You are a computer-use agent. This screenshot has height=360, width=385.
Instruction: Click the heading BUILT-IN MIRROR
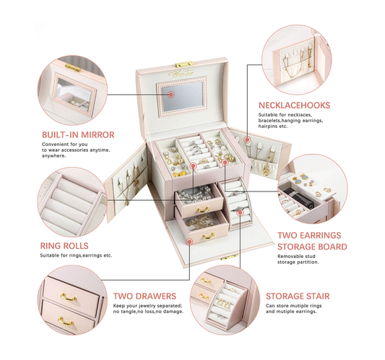coord(78,135)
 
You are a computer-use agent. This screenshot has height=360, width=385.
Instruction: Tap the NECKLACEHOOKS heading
coord(294,106)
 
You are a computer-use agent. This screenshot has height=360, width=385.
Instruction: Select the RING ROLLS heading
coord(64,246)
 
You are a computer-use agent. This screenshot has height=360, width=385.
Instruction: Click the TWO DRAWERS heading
coord(144,296)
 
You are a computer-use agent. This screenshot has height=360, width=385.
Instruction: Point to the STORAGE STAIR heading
coord(298,296)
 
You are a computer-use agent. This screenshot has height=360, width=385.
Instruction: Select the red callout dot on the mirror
coord(171,95)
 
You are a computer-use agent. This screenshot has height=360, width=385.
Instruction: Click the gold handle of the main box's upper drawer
coord(203,210)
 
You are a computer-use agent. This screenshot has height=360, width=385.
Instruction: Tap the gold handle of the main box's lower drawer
coord(209,236)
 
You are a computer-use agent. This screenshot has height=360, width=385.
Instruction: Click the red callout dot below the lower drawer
coord(189,242)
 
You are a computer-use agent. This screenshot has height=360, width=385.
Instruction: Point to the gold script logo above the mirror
coord(181,73)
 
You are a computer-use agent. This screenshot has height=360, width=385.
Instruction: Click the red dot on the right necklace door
coord(247,140)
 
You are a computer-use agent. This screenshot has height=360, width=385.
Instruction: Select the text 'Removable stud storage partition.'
coord(298,260)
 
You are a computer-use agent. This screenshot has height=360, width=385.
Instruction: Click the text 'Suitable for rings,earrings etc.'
coord(76,256)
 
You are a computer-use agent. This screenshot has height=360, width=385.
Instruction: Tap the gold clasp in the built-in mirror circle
coord(73,67)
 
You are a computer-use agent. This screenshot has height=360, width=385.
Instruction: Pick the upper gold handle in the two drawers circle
coord(69,297)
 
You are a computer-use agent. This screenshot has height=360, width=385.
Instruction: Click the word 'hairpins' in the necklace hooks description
coord(267,127)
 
